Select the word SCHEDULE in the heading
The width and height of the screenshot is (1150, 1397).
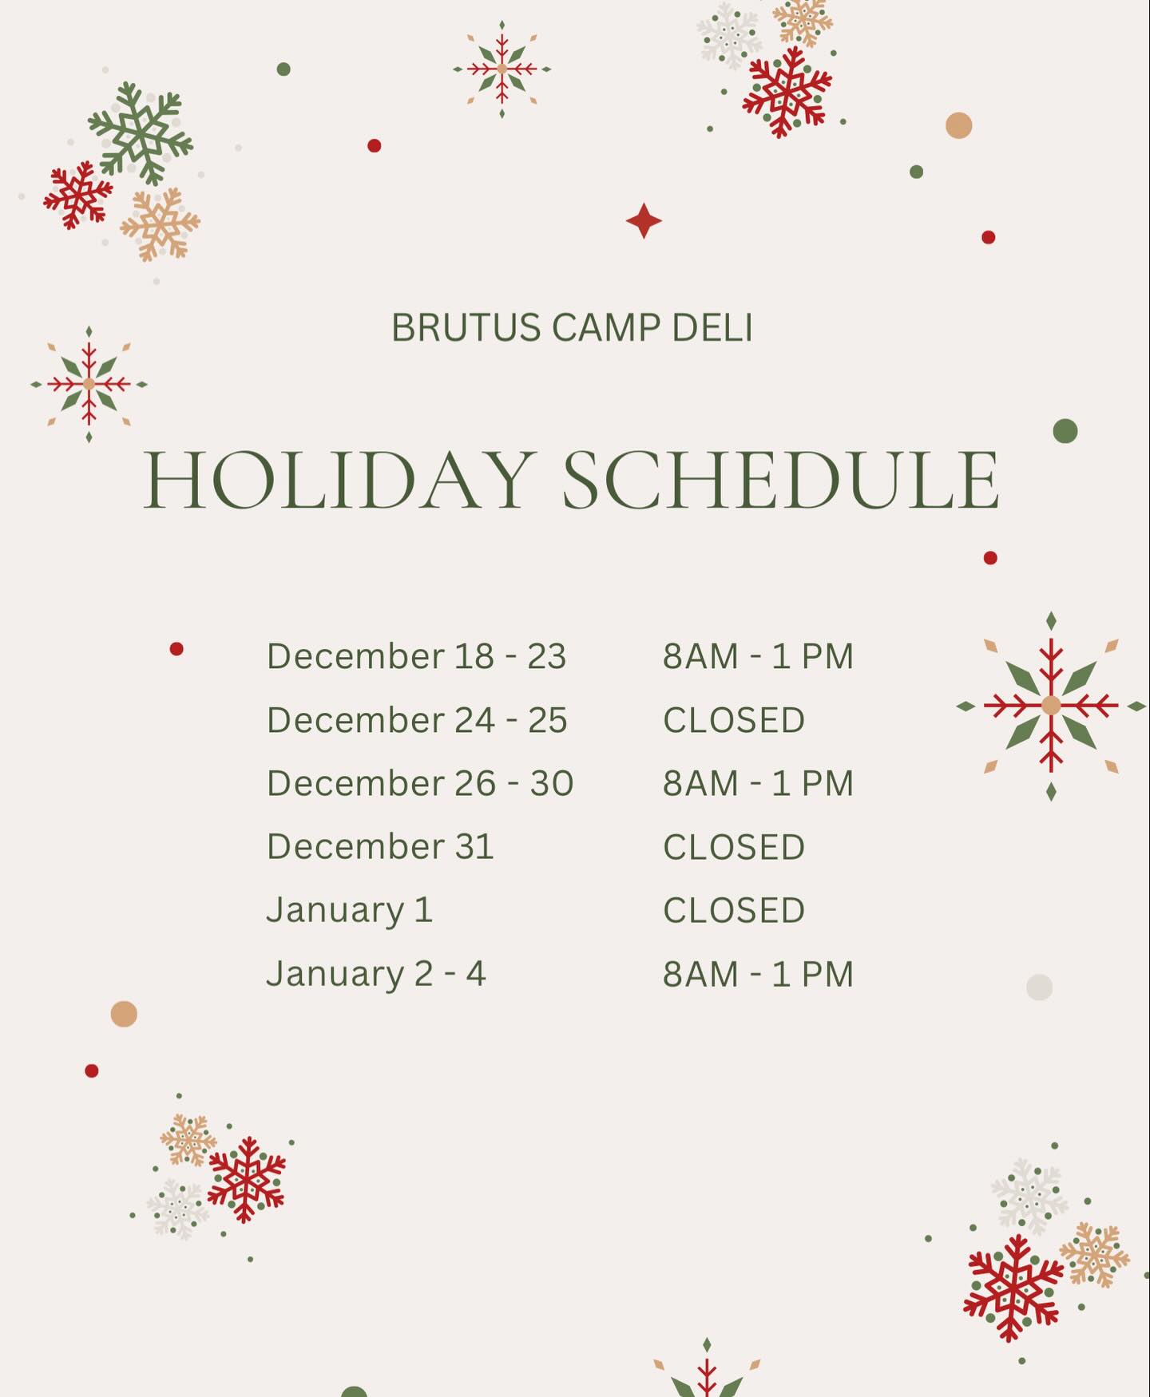click(x=781, y=480)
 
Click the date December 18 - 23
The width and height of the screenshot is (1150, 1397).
click(x=416, y=656)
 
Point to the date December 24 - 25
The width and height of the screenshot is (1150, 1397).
click(x=417, y=720)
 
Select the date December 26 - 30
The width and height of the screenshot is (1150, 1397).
click(x=420, y=783)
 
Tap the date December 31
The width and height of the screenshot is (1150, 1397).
click(x=380, y=846)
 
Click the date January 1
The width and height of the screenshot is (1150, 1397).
click(x=349, y=911)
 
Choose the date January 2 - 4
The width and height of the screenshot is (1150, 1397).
click(x=375, y=975)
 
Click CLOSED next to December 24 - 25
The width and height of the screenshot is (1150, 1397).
click(x=734, y=720)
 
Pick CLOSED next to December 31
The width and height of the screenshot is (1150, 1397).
click(x=734, y=847)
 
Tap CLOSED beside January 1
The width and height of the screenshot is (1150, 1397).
click(x=734, y=911)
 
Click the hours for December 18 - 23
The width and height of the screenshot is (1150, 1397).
click(x=759, y=656)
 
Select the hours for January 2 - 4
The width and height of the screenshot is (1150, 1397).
click(x=759, y=975)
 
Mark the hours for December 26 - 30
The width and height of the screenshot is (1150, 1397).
click(x=759, y=783)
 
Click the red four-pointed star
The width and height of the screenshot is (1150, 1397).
click(x=644, y=221)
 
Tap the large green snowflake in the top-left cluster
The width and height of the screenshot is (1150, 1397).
click(x=141, y=133)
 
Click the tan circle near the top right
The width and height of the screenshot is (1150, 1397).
click(x=958, y=125)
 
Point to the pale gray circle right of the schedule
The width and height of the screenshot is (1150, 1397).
click(x=1039, y=987)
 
